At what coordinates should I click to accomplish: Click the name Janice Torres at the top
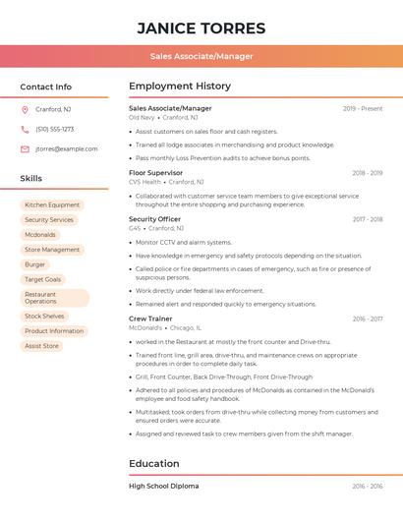pos(201,28)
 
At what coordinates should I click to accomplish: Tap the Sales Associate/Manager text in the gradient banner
pos(201,56)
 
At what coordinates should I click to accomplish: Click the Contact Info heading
pos(45,87)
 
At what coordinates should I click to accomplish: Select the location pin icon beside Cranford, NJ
pos(25,109)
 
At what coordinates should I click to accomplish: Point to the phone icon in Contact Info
pos(25,129)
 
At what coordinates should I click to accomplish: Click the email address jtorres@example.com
pos(66,148)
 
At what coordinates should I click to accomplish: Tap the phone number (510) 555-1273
pos(54,129)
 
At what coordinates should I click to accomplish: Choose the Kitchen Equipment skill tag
pos(52,205)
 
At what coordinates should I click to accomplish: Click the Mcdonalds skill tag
pos(40,235)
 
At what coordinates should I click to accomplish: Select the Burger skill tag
pos(35,264)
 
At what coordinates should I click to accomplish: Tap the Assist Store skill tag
pos(41,346)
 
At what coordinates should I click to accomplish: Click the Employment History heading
pos(180,87)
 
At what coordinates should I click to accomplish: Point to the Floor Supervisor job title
pos(156,172)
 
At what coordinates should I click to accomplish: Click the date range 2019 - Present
pos(363,108)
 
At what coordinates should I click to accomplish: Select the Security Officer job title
pos(154,219)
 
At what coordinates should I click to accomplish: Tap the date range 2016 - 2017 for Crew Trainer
pos(367,318)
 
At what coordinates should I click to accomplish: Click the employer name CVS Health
pos(144,182)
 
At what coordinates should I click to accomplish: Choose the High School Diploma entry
pos(163,486)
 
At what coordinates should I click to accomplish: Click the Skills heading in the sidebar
pos(31,179)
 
